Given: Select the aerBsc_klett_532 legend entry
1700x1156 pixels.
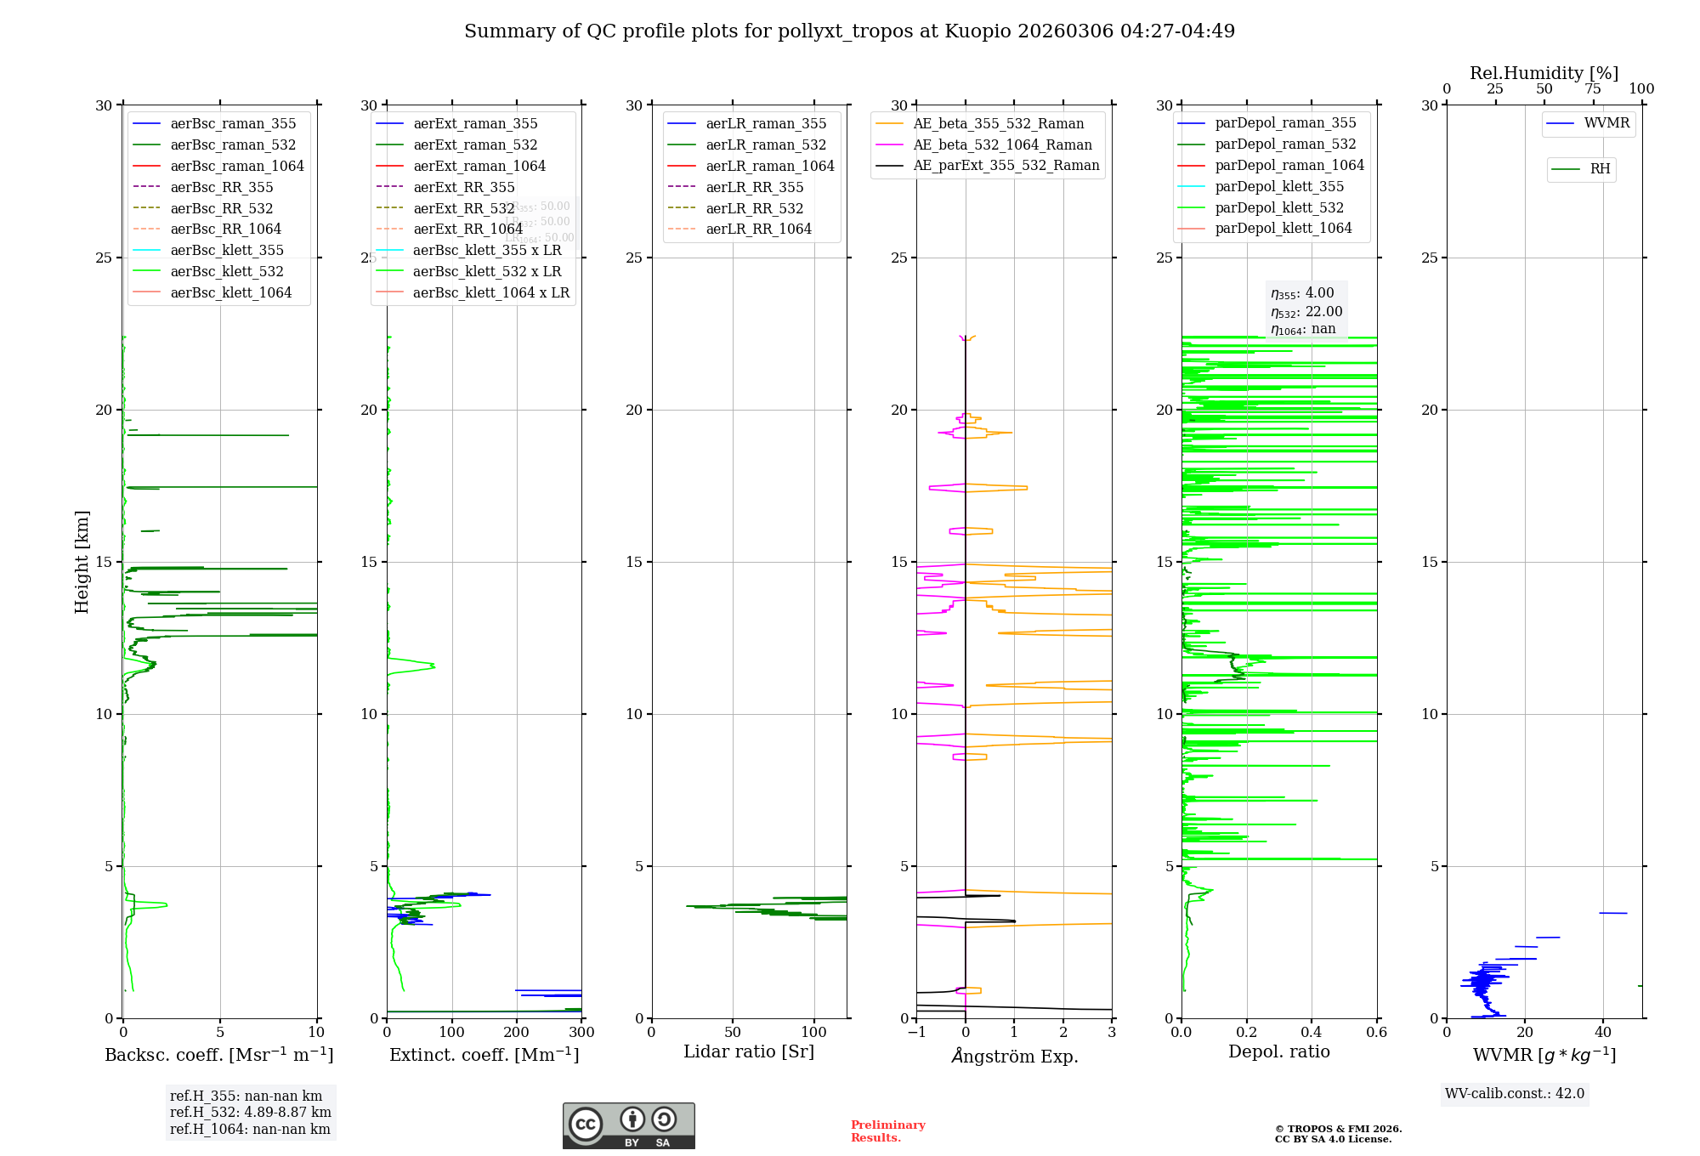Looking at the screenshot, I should pyautogui.click(x=227, y=272).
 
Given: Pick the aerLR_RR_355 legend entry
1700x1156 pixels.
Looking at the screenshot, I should pyautogui.click(x=754, y=188).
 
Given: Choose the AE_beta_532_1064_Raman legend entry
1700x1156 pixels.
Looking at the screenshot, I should pyautogui.click(x=1002, y=145).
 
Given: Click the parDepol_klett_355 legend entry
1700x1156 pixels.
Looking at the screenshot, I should pyautogui.click(x=1279, y=187).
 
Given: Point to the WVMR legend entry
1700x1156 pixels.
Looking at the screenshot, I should pyautogui.click(x=1606, y=124).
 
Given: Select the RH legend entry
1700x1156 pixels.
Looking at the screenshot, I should pyautogui.click(x=1600, y=169).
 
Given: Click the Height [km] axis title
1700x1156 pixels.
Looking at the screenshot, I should pyautogui.click(x=82, y=562).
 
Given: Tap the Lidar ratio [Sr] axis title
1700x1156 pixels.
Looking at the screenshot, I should pyautogui.click(x=749, y=1052).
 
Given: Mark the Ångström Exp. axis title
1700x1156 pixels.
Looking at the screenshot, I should pyautogui.click(x=1014, y=1057).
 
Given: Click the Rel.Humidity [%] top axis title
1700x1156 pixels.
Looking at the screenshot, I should pyautogui.click(x=1544, y=74).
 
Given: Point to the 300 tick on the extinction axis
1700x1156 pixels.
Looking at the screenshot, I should pyautogui.click(x=581, y=1033).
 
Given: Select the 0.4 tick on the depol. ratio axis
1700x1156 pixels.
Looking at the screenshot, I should pyautogui.click(x=1312, y=1033).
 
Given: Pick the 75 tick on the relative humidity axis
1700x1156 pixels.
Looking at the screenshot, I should pyautogui.click(x=1592, y=89).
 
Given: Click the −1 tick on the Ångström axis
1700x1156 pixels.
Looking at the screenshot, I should pyautogui.click(x=916, y=1033).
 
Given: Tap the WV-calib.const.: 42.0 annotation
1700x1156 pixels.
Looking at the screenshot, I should pyautogui.click(x=1515, y=1094).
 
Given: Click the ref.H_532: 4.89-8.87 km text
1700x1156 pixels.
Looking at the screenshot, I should pyautogui.click(x=251, y=1113).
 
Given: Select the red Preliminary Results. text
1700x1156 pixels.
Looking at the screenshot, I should pyautogui.click(x=887, y=1131).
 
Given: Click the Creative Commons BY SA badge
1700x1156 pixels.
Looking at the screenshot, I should pyautogui.click(x=628, y=1126).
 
